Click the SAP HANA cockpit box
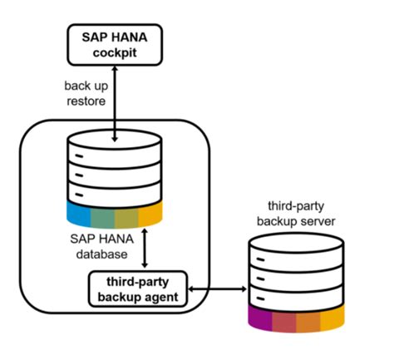pos(115,45)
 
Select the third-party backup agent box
pos(138,289)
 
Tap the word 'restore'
pos(86,101)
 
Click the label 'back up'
pos(86,86)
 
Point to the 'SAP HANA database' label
pos(101,246)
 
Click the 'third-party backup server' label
pos(296,214)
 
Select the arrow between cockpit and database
pos(115,104)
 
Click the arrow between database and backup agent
pos(145,248)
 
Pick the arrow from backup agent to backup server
pos(218,289)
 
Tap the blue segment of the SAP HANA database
pos(79,214)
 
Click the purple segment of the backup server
pos(260,318)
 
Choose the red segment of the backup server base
pos(284,322)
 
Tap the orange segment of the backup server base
pos(308,322)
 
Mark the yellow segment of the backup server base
pos(332,318)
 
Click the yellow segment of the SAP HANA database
pos(150,214)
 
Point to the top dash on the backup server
pos(260,259)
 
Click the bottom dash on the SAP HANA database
pos(79,195)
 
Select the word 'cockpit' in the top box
pos(115,52)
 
